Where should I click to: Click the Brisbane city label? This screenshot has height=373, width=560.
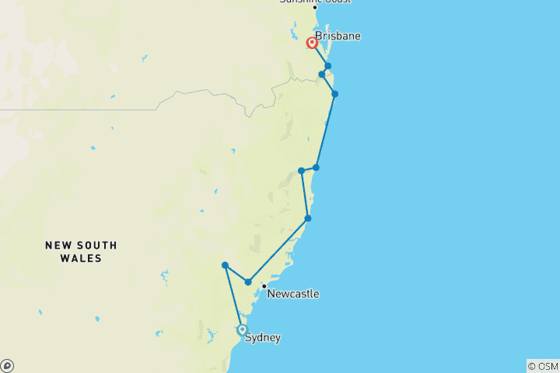tap(338, 36)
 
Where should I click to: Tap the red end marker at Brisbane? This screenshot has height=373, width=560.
tap(312, 43)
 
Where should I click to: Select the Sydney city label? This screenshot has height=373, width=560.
tap(263, 337)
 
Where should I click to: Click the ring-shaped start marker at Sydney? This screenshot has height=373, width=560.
tap(242, 329)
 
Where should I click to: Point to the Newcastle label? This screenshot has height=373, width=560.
tap(292, 294)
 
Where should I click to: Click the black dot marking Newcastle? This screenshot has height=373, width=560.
tap(264, 286)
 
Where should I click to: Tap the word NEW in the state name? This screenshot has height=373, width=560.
tap(57, 245)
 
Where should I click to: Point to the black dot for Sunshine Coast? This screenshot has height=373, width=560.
tap(315, 8)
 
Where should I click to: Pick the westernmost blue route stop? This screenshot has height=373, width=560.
tap(225, 265)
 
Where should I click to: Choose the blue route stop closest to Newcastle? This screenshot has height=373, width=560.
tap(248, 281)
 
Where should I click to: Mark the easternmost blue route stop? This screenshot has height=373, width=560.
tap(335, 94)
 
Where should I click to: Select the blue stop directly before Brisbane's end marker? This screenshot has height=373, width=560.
tap(328, 66)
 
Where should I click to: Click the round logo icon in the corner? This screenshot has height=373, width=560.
tap(7, 365)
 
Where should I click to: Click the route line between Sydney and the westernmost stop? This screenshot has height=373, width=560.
tap(233, 297)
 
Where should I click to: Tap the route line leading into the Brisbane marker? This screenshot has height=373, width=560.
tap(320, 55)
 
